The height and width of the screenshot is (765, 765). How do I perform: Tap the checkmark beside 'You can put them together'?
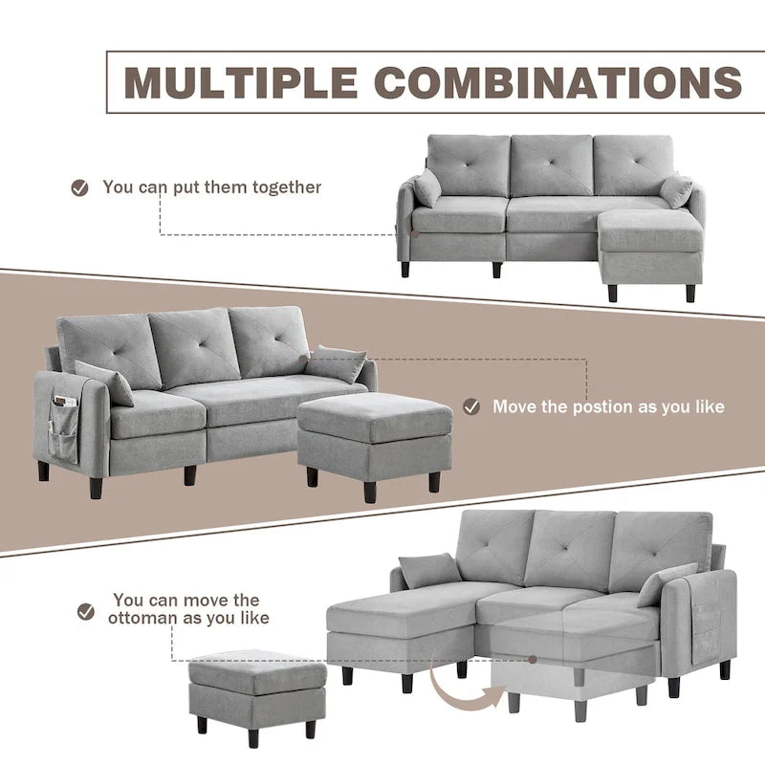(80, 187)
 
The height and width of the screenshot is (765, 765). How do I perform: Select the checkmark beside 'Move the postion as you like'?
(470, 406)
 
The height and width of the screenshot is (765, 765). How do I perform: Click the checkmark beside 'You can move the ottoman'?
(86, 609)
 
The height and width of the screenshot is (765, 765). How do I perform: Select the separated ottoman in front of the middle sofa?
(374, 436)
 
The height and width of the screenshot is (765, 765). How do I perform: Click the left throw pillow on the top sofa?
(426, 187)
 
